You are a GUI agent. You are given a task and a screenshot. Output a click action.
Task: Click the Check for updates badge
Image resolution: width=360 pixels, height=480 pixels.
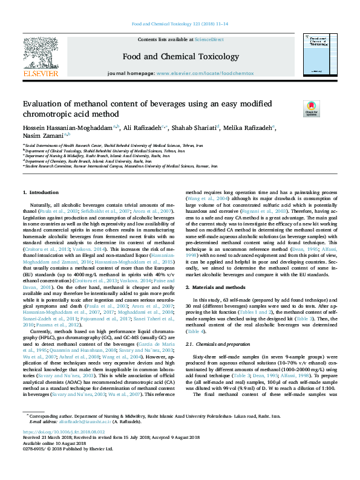coord(295,109)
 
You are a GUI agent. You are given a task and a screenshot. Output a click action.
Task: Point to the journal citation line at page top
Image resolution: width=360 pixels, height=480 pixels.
coord(180,25)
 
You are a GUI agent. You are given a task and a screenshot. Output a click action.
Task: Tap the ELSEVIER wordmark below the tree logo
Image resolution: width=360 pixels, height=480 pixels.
coord(41,74)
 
